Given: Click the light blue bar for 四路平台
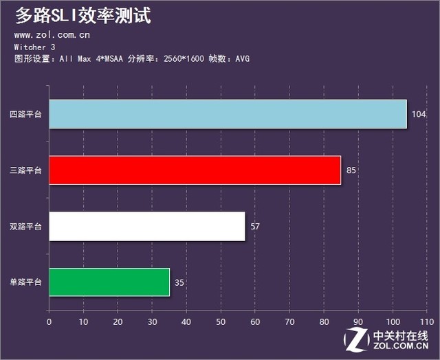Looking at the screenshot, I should [227, 114].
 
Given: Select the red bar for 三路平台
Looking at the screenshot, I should [195, 170].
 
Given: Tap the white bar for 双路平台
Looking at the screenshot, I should [146, 226].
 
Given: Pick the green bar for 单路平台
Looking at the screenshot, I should [109, 282].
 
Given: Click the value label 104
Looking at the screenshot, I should [419, 114].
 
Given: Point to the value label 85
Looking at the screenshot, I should [351, 170].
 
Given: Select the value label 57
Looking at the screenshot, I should [255, 226].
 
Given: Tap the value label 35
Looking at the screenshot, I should [179, 282].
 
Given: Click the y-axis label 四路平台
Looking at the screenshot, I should [25, 114].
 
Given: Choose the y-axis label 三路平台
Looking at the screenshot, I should [25, 170].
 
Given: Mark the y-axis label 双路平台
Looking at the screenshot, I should [25, 226].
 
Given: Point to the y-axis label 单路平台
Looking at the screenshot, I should [25, 282].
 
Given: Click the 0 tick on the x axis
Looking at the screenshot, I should [49, 321].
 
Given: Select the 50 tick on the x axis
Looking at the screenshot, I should [221, 321].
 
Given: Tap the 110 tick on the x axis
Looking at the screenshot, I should [426, 321].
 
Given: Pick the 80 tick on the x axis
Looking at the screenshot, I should [324, 321].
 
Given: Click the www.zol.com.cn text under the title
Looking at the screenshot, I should [52, 34].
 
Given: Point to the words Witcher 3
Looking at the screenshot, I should [35, 47].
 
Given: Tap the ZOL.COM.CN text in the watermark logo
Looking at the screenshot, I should [401, 349].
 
